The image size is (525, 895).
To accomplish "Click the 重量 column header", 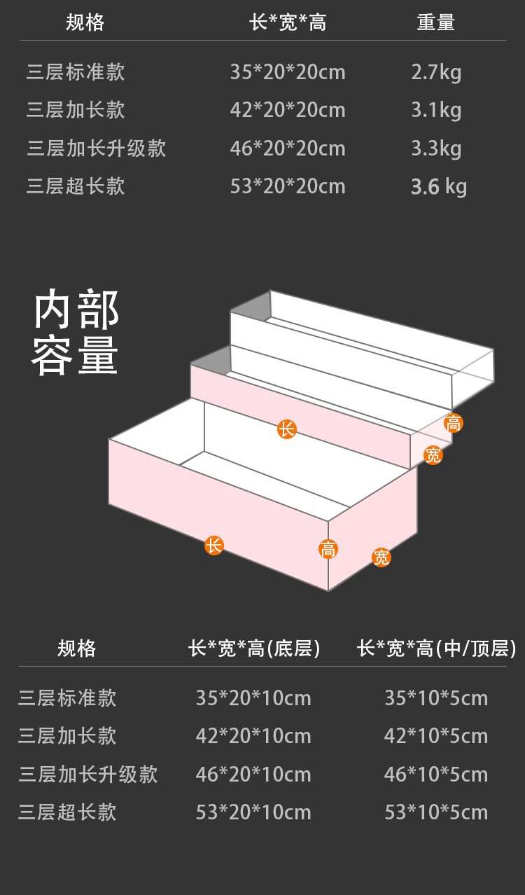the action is point(436,22).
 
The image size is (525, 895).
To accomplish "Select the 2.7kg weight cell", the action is point(436,72).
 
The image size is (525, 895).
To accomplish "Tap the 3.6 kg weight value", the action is point(438,187).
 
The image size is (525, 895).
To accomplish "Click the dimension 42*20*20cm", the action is point(288,110).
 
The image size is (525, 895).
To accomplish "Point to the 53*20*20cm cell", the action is point(288,186).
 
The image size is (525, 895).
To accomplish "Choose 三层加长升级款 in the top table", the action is point(97,148).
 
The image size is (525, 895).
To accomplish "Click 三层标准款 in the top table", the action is point(76,72).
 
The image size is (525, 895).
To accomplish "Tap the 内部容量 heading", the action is point(76,333).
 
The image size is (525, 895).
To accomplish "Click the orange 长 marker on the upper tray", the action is point(286,429).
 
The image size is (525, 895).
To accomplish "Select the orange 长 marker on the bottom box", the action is point(214,546).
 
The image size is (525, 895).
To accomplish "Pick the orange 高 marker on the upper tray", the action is point(454,423).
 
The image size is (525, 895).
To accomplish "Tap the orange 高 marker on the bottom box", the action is point(328,549).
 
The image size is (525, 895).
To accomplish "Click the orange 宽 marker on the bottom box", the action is point(381,557).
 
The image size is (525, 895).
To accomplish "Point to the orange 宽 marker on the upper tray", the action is point(434,456).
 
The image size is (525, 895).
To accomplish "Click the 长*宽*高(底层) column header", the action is point(254,648).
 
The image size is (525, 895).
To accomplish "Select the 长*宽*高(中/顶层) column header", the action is point(437,648).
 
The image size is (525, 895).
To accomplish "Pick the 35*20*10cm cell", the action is point(253,698).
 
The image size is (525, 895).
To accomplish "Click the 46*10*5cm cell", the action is point(436,775).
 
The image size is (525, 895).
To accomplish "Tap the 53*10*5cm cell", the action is point(436,812).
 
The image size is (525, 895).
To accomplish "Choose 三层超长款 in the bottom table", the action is point(67,812).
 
